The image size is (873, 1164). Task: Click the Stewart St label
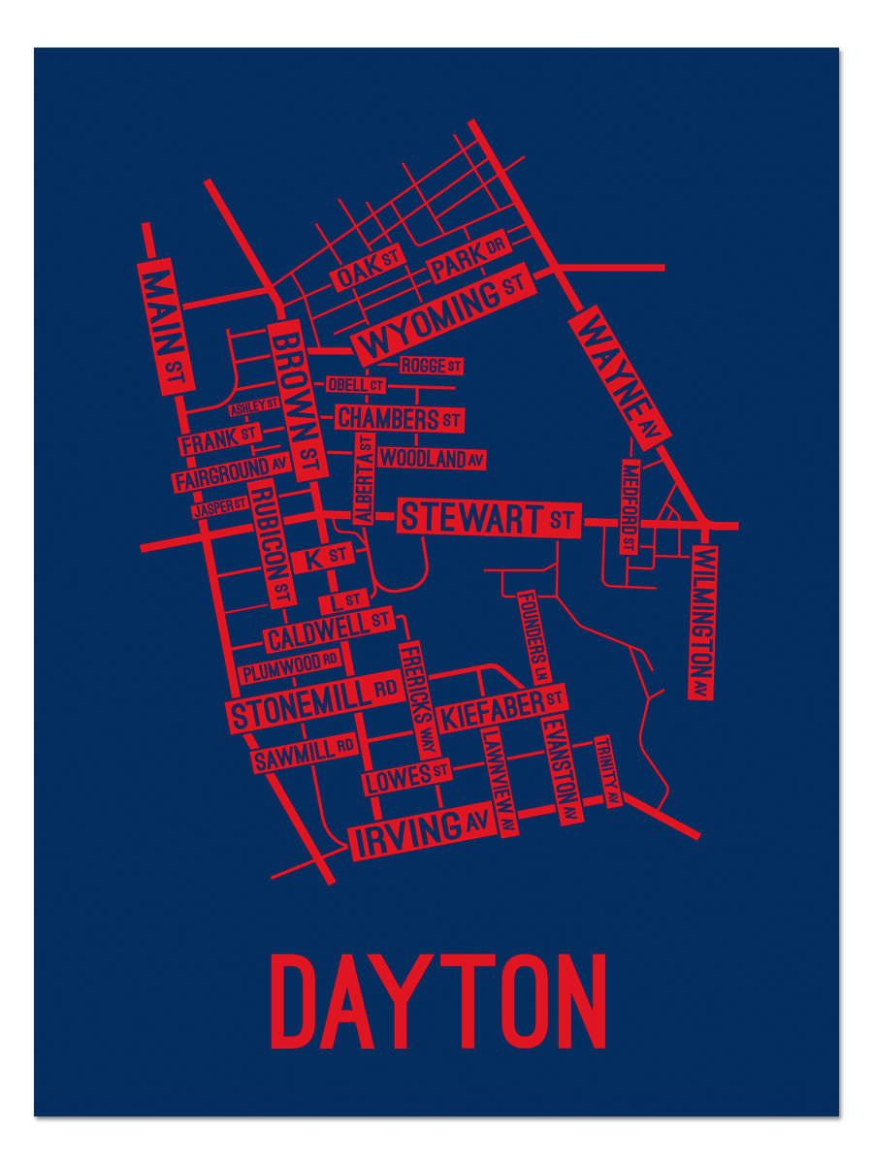click(488, 518)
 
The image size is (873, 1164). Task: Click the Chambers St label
click(399, 419)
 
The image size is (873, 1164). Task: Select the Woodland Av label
click(432, 459)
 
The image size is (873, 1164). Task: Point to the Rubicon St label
click(272, 544)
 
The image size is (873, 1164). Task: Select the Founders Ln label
click(534, 637)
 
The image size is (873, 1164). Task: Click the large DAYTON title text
click(437, 1002)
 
